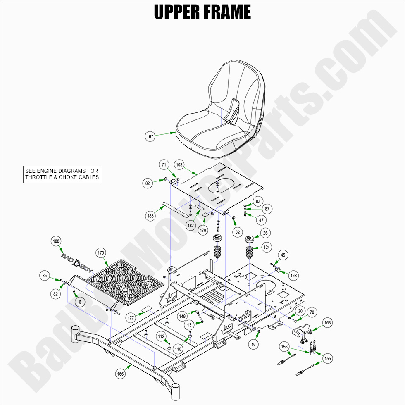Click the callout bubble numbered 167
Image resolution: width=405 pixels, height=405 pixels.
click(150, 136)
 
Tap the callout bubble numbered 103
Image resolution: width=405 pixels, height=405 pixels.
click(179, 164)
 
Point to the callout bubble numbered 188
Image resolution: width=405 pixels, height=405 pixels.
click(56, 241)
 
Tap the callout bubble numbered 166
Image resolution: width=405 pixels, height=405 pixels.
click(120, 374)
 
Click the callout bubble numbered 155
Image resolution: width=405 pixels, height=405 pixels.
click(327, 358)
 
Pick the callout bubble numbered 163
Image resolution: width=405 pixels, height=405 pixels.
click(327, 323)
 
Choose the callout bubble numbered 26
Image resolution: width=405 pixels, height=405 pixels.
click(265, 233)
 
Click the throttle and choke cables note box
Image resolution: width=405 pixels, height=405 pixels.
click(62, 174)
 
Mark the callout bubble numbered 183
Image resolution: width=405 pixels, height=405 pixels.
click(150, 216)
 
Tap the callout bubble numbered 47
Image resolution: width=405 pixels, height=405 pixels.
click(261, 220)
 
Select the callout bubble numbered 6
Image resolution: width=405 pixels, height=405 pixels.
click(80, 302)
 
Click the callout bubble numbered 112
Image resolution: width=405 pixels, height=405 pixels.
click(161, 337)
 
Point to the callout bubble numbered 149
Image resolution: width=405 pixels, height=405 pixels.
click(182, 317)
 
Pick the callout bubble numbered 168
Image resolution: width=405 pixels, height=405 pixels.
click(293, 275)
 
